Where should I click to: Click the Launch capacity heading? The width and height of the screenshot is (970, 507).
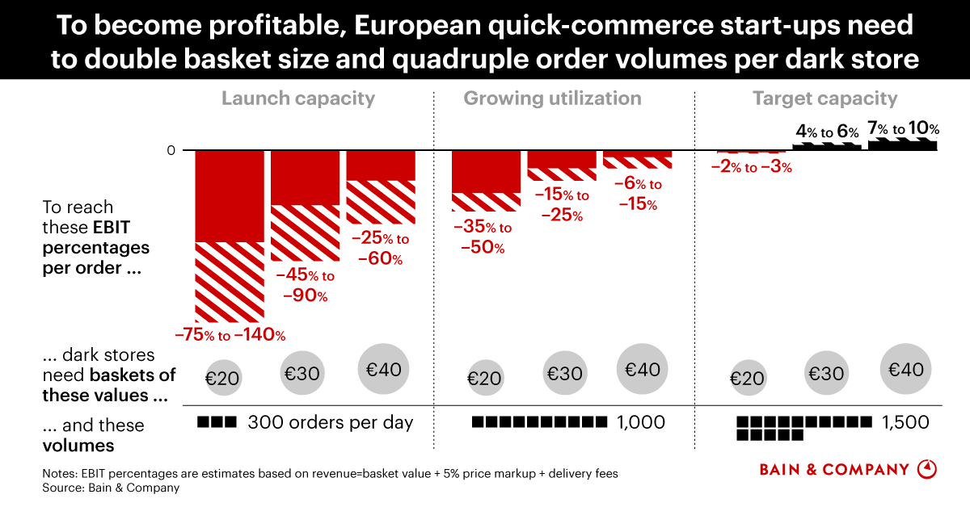coord(298,98)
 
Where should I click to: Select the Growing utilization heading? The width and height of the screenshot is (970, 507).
coord(552,98)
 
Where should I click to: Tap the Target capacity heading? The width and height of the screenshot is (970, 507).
coord(825,98)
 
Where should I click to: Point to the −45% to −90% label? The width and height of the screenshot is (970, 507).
coord(305,286)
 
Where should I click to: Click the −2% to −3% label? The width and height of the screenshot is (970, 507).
coord(751,168)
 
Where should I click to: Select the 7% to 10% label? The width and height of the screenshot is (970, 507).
coord(903,129)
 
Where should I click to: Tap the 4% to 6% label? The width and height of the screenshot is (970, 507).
coord(827,132)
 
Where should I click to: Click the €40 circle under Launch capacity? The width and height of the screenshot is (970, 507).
coord(383,370)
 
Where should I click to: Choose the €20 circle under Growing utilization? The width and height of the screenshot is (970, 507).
coord(484,378)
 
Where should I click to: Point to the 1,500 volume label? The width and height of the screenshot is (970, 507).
coord(905,422)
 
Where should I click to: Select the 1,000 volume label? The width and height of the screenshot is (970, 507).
coord(640,422)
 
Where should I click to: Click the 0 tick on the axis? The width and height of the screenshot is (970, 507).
coord(171,151)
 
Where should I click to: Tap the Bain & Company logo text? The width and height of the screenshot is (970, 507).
coord(834,469)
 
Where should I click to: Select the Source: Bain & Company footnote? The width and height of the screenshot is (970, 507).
coord(111,488)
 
